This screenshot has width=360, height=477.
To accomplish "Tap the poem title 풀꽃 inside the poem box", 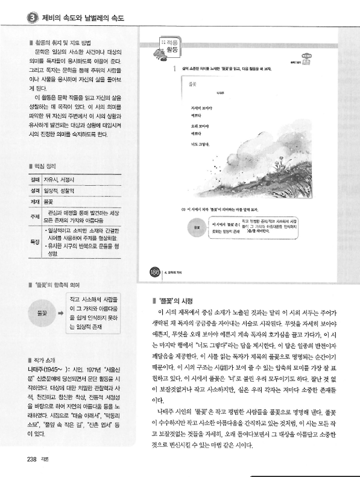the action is tap(192, 84).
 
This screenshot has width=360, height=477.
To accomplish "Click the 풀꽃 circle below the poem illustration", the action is tap(197, 227).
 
